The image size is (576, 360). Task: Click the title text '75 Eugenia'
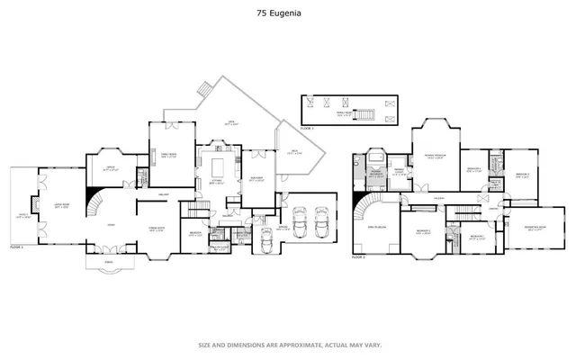click(287, 14)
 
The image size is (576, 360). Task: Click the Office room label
click(111, 167)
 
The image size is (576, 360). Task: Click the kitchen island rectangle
click(217, 166)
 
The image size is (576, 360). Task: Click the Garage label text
click(283, 229)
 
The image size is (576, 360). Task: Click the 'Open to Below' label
click(375, 228)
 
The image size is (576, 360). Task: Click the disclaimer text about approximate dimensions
click(287, 343)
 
